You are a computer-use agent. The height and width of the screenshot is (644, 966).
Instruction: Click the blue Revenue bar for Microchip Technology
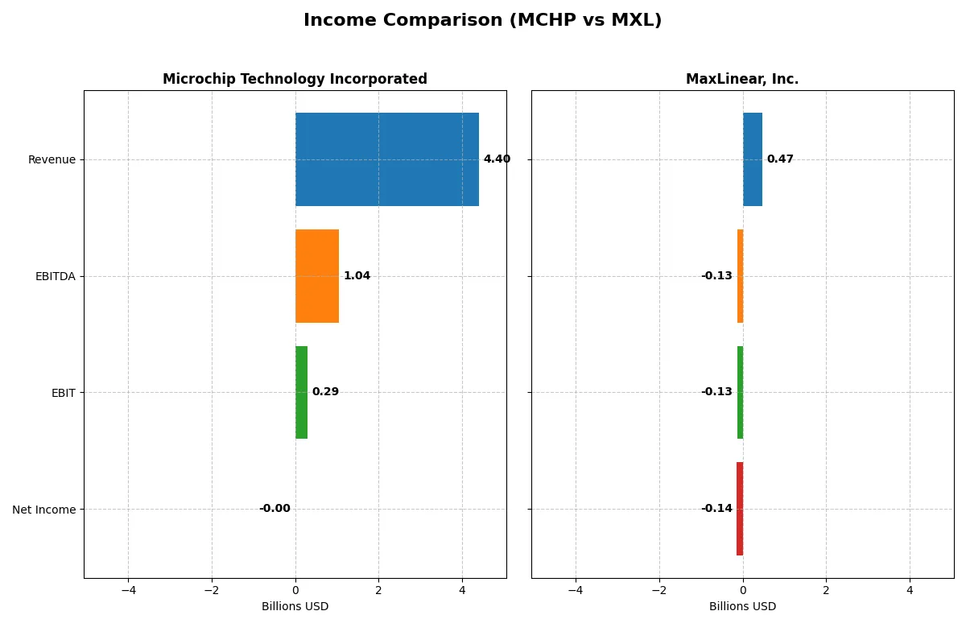pos(386,159)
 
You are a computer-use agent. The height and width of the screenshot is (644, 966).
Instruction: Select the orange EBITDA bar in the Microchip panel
pos(316,276)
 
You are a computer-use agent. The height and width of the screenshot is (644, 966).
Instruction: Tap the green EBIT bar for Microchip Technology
pos(301,392)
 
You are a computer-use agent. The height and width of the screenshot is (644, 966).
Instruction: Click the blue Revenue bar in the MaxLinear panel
pos(752,159)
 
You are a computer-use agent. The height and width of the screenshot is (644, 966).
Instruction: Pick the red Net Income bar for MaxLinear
pos(739,509)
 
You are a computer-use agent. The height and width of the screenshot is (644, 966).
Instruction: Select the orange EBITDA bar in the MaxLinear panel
pos(740,276)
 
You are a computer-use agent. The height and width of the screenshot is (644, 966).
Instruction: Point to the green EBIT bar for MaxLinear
pos(740,392)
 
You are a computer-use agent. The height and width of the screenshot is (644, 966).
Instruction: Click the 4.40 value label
pos(497,159)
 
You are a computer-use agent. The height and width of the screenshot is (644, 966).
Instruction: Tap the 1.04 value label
pos(357,276)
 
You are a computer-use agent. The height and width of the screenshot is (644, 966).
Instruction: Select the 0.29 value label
pos(325,392)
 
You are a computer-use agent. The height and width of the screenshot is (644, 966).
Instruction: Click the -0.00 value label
pos(275,509)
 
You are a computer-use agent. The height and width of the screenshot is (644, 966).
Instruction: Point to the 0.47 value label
pos(779,159)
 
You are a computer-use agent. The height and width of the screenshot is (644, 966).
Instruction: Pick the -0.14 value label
pos(716,509)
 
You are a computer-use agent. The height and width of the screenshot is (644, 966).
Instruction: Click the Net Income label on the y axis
pos(43,510)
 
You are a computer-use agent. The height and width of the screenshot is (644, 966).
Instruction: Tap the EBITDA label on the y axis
pos(55,277)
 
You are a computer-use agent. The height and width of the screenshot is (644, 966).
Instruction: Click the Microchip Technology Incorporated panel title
pos(295,79)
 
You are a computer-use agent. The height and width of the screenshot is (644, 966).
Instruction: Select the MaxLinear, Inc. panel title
pos(742,79)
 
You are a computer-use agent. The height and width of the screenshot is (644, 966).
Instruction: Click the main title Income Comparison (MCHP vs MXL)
pos(482,20)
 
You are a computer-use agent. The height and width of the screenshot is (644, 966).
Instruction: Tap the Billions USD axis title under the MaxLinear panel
pos(742,606)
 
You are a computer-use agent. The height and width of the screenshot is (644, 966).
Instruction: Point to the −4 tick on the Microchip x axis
pos(128,590)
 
